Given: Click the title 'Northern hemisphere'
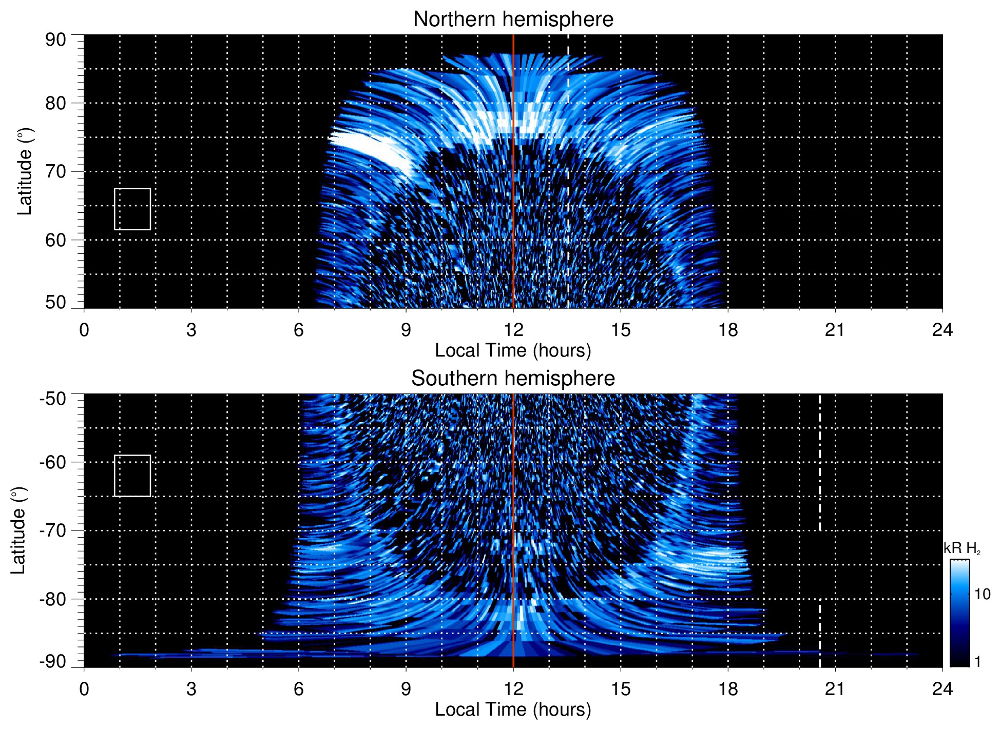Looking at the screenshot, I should (x=513, y=19).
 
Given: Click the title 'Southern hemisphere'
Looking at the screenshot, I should (x=513, y=379).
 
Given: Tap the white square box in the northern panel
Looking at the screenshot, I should (x=132, y=209).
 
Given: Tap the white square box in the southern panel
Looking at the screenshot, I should (x=132, y=476).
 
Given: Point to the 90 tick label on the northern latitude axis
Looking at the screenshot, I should (x=55, y=40).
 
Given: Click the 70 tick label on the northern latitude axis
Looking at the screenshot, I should (x=55, y=171).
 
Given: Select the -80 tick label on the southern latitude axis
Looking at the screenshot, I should (x=53, y=599).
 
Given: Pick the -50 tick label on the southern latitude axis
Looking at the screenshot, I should (x=53, y=399).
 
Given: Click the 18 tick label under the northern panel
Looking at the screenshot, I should (x=728, y=330).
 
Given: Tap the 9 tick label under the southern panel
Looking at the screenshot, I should (x=406, y=689).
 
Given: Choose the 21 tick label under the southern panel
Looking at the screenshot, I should (x=835, y=689).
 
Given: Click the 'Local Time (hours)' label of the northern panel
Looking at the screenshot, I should (x=513, y=350).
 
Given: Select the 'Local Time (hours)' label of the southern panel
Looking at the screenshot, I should (x=513, y=709).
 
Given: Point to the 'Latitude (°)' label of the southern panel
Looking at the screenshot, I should (x=18, y=530).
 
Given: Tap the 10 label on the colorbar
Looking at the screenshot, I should (x=982, y=594).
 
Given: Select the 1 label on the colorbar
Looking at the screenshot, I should (x=977, y=662).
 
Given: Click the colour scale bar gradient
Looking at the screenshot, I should (x=959, y=613).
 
